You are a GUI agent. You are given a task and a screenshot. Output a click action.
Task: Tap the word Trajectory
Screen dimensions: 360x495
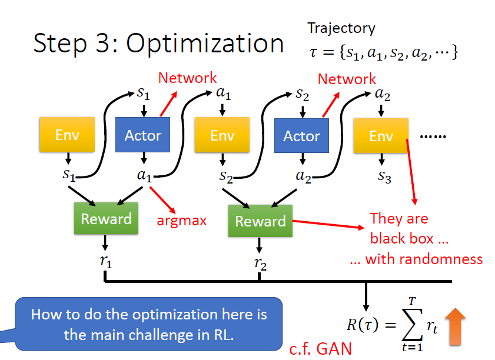[341, 28]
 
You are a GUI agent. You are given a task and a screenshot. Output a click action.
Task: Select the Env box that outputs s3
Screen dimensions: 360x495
[381, 136]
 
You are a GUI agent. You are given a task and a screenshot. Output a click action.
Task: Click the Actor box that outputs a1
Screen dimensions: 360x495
[142, 136]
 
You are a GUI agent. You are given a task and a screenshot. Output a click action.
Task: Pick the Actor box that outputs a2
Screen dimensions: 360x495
[301, 136]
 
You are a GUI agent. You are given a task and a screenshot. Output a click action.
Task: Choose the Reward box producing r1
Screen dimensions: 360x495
[106, 219]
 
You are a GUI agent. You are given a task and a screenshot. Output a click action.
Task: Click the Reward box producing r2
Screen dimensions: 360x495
[260, 221]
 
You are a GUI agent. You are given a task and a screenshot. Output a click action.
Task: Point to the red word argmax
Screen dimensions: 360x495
[181, 221]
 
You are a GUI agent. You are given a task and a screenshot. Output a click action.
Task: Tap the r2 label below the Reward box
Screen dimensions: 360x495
[260, 264]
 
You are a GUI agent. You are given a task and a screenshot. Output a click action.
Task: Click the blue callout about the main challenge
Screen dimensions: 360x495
[148, 323]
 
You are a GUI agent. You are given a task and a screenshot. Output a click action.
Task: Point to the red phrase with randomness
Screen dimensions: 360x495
[416, 259]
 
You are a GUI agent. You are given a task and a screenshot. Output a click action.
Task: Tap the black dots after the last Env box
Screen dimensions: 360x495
[433, 136]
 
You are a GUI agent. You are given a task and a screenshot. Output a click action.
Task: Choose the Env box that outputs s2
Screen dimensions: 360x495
[222, 136]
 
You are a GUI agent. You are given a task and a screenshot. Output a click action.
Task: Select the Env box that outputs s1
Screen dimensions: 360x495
[67, 135]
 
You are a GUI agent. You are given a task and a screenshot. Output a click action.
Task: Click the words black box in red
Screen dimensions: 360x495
[401, 239]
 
